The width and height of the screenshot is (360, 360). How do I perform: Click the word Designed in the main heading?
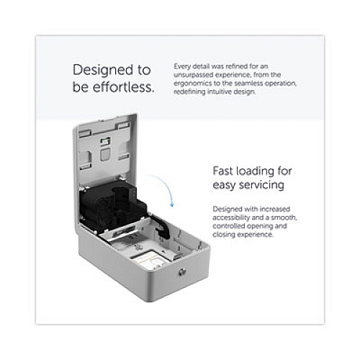click(x=103, y=71)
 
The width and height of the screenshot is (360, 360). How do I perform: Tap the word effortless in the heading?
click(x=124, y=87)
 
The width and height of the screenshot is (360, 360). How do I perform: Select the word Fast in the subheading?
click(x=223, y=171)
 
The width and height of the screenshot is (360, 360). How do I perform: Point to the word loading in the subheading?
click(x=255, y=172)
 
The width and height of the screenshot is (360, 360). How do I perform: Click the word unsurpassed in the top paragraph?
click(x=194, y=75)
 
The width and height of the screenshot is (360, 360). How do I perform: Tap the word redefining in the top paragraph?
click(x=189, y=92)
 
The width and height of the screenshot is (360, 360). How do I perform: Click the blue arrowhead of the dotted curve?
click(x=171, y=204)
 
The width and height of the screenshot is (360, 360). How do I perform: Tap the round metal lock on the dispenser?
click(x=182, y=272)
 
